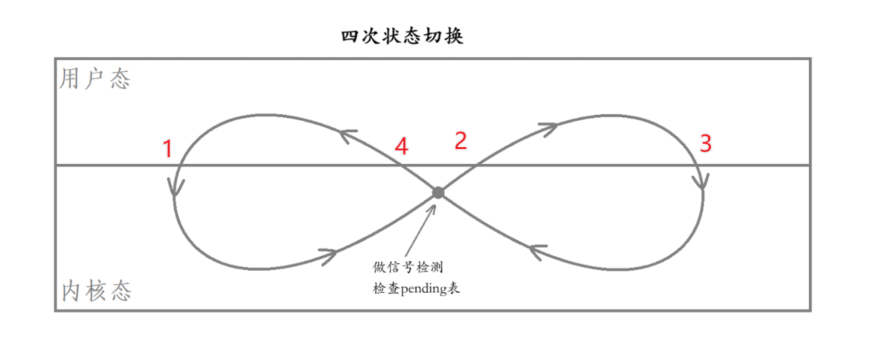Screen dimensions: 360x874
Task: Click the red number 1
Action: [x=168, y=148]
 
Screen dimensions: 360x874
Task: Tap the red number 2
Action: [x=460, y=140]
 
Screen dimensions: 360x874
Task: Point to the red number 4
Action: [x=401, y=146]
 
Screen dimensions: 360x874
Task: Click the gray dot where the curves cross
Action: [x=438, y=193]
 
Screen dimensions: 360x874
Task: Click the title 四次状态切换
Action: [x=402, y=36]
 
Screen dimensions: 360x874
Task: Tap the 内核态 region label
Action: [x=96, y=291]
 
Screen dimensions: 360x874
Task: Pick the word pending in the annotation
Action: [x=423, y=289]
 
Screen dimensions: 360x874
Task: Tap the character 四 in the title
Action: [x=349, y=36]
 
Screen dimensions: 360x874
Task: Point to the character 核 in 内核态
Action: [x=96, y=291]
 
